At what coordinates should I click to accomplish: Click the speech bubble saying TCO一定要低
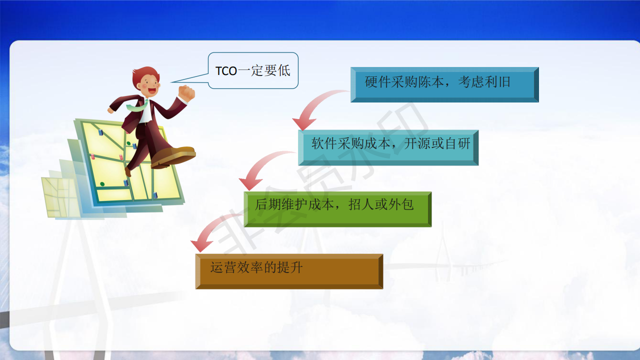click(x=253, y=70)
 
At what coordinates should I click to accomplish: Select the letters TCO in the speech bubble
click(x=226, y=71)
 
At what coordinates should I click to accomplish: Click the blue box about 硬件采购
click(x=444, y=84)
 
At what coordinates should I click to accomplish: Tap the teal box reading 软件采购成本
click(x=388, y=147)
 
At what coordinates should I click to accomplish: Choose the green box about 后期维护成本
click(x=337, y=209)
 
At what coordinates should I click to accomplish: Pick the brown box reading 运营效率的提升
click(x=289, y=271)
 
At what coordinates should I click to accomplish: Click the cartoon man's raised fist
click(x=186, y=93)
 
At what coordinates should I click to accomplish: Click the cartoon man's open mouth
click(x=152, y=91)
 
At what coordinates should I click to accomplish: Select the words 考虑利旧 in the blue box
click(x=484, y=82)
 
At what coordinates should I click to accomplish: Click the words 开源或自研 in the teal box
click(x=437, y=143)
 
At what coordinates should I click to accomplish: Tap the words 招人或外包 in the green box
click(x=381, y=204)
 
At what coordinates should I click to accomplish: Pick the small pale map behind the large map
click(x=60, y=197)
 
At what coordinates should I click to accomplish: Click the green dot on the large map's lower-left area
click(x=102, y=184)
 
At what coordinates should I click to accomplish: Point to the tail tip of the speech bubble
click(x=171, y=82)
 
